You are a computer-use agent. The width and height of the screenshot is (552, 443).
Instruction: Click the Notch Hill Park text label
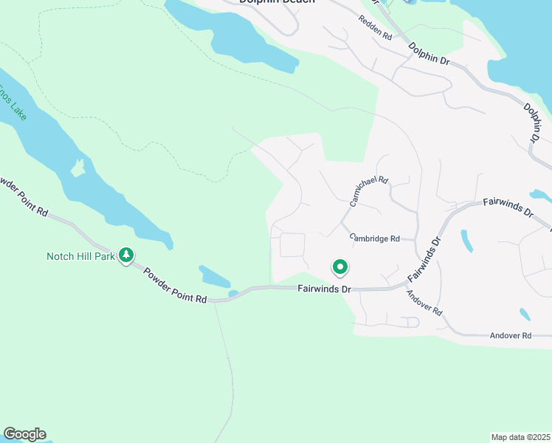[x=80, y=256]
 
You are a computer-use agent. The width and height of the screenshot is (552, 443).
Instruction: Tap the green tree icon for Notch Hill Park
[x=126, y=255]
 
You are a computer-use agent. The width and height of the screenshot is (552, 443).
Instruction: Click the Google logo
[x=24, y=434]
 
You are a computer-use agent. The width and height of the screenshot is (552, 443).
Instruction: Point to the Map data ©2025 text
[x=521, y=436]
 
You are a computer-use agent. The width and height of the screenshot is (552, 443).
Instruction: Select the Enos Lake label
[x=11, y=92]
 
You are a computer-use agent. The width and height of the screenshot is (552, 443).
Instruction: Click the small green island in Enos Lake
[x=77, y=168]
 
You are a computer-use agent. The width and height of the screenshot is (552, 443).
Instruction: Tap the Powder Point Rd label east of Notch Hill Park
[x=175, y=286]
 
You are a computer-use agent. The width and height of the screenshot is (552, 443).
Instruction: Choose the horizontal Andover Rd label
[x=511, y=335]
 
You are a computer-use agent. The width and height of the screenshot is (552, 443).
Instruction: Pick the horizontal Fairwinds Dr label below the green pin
[x=324, y=289]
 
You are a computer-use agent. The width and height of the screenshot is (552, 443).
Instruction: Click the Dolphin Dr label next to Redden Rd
[x=429, y=55]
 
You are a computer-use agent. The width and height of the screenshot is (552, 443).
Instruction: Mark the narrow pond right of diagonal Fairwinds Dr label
[x=466, y=241]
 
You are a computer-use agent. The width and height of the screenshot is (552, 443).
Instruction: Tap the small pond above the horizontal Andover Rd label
[x=524, y=314]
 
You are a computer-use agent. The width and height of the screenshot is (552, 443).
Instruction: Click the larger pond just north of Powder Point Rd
[x=213, y=277]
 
